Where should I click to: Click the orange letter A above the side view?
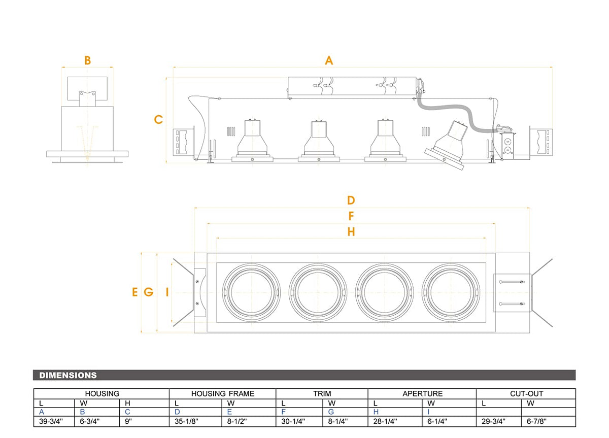[329, 60]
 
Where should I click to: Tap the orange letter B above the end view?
[87, 60]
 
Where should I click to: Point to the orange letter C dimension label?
[158, 119]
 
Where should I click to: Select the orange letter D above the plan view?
[351, 200]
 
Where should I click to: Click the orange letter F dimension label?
[351, 216]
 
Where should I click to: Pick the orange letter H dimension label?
[351, 232]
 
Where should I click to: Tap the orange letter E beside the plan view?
[135, 292]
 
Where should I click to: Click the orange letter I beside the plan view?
[167, 292]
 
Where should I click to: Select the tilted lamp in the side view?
[446, 146]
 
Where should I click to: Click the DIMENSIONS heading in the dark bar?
[68, 375]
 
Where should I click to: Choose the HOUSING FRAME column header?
[223, 393]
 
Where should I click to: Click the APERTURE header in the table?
[422, 393]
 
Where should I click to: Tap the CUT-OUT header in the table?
[527, 393]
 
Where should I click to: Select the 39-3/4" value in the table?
[51, 421]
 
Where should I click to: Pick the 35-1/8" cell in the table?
[187, 421]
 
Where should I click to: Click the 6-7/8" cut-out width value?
[537, 421]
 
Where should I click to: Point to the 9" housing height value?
[128, 421]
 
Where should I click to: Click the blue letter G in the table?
[331, 412]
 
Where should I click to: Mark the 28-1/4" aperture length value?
[385, 421]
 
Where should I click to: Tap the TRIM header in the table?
[322, 393]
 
